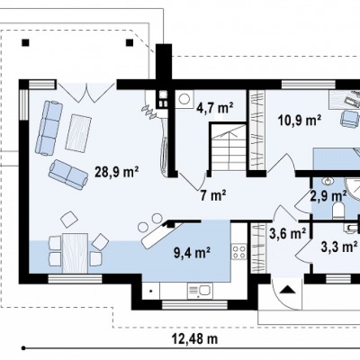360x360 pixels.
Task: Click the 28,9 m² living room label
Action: click(117, 172)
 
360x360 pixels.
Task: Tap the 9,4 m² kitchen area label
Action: click(192, 253)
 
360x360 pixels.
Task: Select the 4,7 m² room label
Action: click(215, 108)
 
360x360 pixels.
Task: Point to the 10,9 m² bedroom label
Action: click(300, 121)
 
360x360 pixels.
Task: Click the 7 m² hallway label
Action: click(213, 196)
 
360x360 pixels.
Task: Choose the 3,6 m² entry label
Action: click(287, 233)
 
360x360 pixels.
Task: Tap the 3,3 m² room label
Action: click(337, 247)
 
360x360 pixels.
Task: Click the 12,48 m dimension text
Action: click(194, 339)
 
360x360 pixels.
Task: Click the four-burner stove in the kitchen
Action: click(238, 252)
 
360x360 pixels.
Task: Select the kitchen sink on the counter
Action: click(200, 291)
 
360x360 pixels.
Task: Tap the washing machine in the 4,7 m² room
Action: click(184, 99)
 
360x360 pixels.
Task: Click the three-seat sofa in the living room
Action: click(49, 128)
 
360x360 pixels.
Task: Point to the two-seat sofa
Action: click(68, 175)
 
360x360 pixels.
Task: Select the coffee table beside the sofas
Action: click(78, 133)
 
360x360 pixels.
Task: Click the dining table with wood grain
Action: click(75, 254)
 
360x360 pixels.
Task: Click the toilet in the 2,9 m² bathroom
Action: click(337, 209)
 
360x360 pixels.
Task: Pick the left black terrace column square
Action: click(26, 42)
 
